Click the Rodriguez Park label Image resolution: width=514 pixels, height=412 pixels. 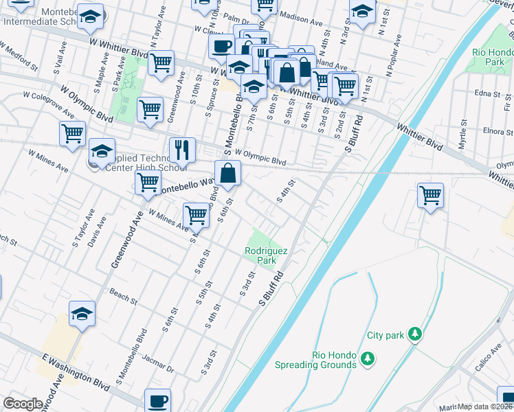click(260, 255)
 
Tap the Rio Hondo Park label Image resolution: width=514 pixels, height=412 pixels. click(491, 56)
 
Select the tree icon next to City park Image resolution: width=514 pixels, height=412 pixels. click(414, 334)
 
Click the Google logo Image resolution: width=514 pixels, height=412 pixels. click(23, 404)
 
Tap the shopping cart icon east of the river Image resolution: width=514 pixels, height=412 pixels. click(430, 195)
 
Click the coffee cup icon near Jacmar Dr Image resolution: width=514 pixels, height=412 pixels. click(158, 400)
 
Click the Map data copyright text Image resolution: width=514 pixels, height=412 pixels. click(485, 407)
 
